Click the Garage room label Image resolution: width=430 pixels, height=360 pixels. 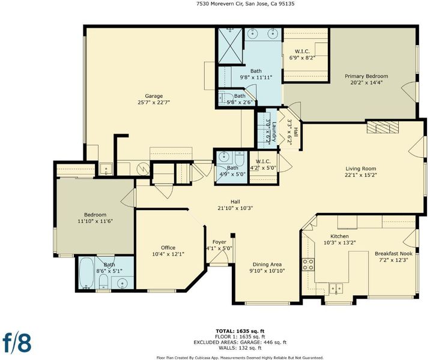pyautogui.click(x=154, y=96)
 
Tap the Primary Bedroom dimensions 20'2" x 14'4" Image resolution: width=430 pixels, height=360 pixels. pyautogui.click(x=366, y=82)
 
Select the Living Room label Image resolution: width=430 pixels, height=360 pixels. pyautogui.click(x=360, y=169)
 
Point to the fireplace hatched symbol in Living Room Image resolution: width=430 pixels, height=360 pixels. pyautogui.click(x=383, y=127)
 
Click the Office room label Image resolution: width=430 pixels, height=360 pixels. pyautogui.click(x=168, y=247)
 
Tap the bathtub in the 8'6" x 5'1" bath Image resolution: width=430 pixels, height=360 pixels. pyautogui.click(x=86, y=273)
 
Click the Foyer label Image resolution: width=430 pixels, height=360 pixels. pyautogui.click(x=219, y=242)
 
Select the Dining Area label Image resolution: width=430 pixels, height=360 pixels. pyautogui.click(x=267, y=265)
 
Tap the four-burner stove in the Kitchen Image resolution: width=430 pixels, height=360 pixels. pyautogui.click(x=308, y=265)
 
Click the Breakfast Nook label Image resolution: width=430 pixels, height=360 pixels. pyautogui.click(x=394, y=253)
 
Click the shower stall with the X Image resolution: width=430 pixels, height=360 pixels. pyautogui.click(x=231, y=46)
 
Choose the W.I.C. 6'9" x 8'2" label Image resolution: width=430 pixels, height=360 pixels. pyautogui.click(x=302, y=51)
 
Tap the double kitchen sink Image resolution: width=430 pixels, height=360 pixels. pyautogui.click(x=336, y=289)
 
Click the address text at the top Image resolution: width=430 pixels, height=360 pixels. pyautogui.click(x=246, y=4)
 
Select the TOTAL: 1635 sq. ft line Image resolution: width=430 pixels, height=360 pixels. pyautogui.click(x=240, y=331)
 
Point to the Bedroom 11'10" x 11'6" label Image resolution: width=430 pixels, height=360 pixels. pyautogui.click(x=95, y=218)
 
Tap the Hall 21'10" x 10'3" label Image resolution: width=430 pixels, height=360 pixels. pyautogui.click(x=235, y=205)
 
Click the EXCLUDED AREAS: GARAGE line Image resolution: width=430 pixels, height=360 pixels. pyautogui.click(x=240, y=342)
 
